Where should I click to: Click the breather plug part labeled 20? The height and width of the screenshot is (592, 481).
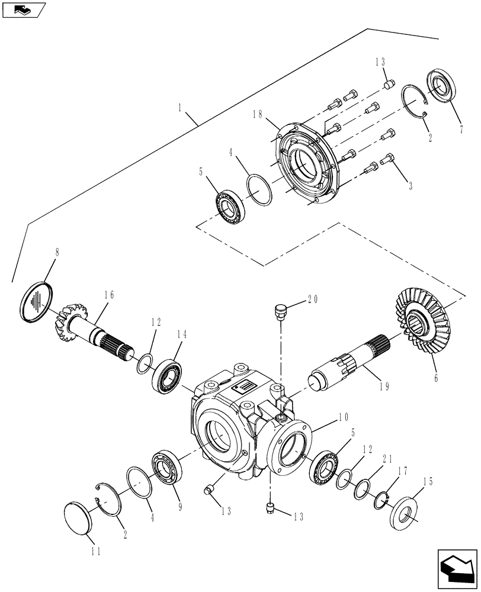[280, 310]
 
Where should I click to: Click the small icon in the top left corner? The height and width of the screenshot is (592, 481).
[24, 9]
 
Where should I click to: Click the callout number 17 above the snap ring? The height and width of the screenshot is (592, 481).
[402, 472]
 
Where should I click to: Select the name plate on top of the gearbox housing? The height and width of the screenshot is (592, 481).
[245, 388]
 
